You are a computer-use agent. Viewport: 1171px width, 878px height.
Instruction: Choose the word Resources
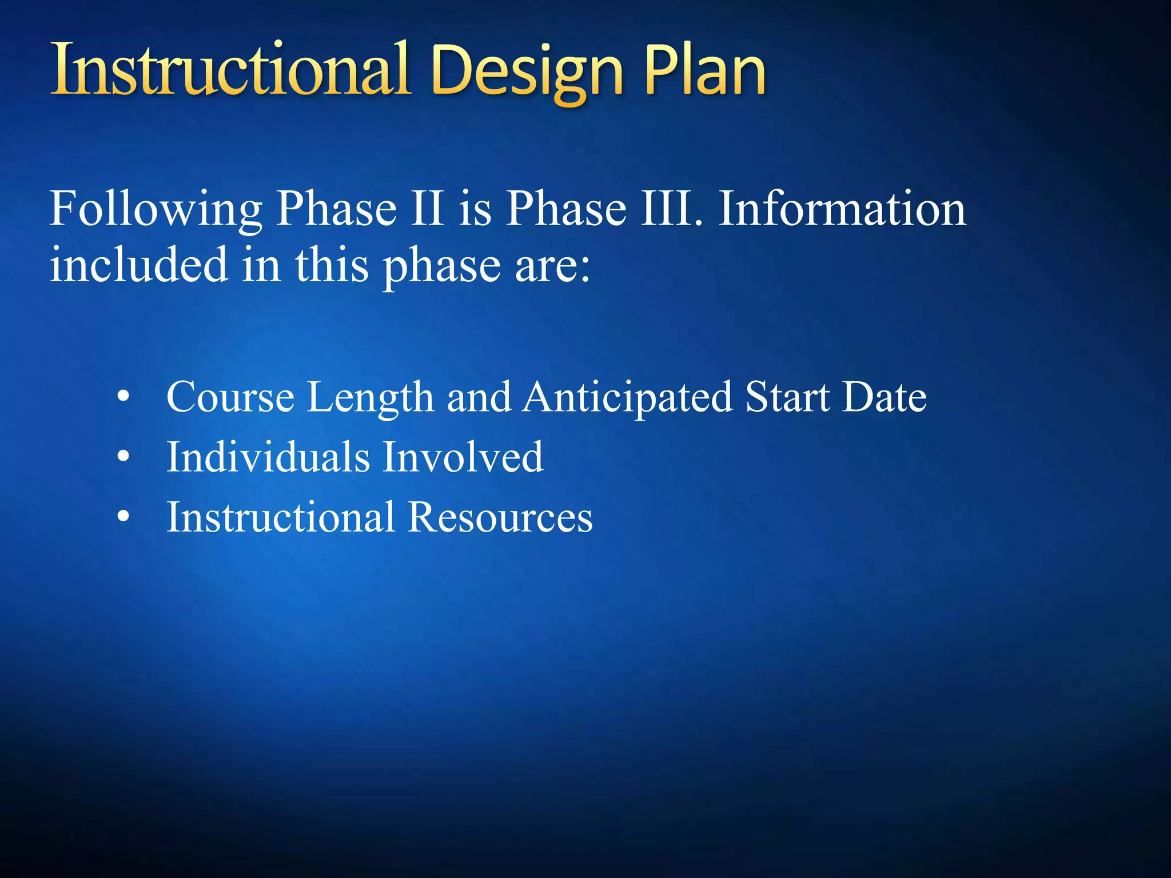point(500,517)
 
